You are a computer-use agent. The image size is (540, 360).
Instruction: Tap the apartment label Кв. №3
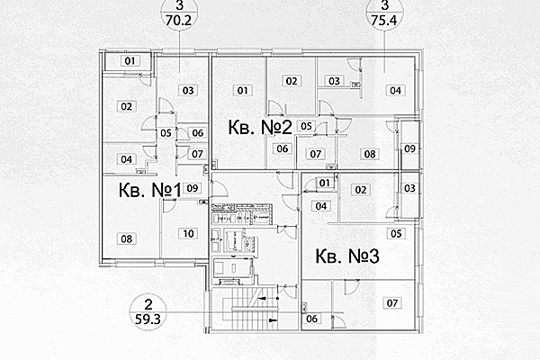[347, 256]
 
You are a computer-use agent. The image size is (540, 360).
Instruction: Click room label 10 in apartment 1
[187, 234]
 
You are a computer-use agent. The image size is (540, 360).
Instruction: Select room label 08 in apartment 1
[127, 239]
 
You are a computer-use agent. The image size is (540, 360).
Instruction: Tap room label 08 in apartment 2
[369, 154]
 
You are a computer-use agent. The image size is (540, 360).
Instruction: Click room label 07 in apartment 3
[391, 303]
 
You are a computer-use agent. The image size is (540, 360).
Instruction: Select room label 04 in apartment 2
[394, 89]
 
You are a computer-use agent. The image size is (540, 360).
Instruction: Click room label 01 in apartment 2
[242, 90]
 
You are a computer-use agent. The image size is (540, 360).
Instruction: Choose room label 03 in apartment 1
[188, 90]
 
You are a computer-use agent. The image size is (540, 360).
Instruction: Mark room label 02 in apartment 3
[360, 190]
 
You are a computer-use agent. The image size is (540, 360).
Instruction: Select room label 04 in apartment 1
[127, 159]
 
